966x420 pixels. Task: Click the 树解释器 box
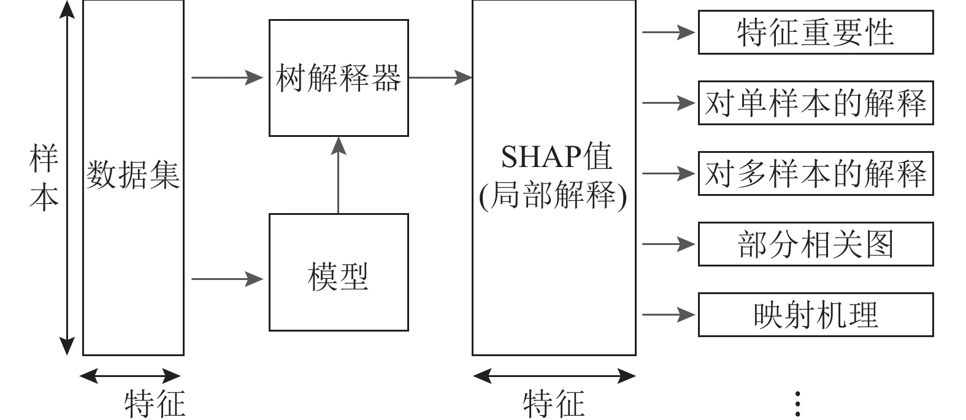click(x=339, y=78)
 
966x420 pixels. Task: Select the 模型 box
click(x=339, y=272)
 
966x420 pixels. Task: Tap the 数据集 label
click(x=133, y=174)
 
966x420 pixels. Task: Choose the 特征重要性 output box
click(x=815, y=32)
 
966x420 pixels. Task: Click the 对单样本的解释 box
click(x=815, y=103)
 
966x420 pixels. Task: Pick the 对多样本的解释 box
click(x=815, y=174)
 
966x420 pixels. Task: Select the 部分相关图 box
click(x=815, y=244)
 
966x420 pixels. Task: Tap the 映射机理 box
click(x=815, y=315)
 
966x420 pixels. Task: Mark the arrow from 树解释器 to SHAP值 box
click(x=440, y=78)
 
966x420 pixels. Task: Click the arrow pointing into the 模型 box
click(x=227, y=279)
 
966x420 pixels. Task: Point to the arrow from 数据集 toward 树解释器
click(x=227, y=78)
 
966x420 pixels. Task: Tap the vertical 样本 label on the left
click(x=44, y=178)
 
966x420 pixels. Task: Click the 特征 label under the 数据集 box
click(x=155, y=403)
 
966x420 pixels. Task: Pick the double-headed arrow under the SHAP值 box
click(x=554, y=375)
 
